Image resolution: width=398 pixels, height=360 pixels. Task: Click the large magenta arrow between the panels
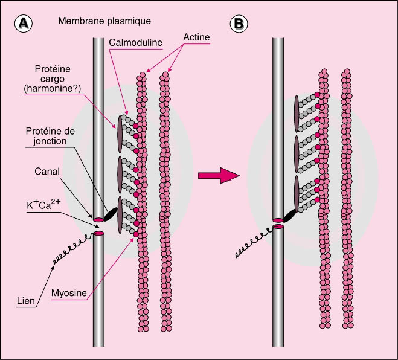(x=218, y=176)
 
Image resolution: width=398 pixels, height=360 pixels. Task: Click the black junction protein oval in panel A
(x=111, y=214)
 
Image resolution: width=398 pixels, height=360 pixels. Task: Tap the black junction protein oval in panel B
(x=292, y=214)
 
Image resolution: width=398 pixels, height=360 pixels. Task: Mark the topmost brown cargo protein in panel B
(x=297, y=112)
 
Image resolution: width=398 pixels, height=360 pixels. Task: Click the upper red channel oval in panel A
(x=98, y=219)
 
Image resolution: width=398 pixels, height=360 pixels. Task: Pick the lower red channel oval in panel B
(x=278, y=227)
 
